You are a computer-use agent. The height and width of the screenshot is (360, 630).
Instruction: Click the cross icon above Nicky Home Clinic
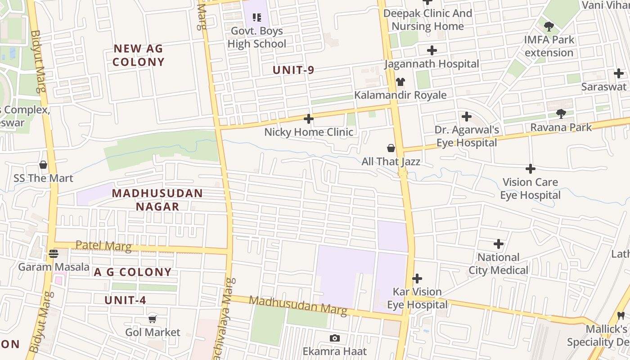point(309,119)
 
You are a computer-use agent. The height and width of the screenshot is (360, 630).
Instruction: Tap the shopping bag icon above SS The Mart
point(43,165)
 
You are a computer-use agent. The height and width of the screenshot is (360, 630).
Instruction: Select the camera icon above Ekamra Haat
point(334,338)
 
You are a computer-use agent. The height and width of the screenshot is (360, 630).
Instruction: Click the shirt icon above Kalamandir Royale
point(400,82)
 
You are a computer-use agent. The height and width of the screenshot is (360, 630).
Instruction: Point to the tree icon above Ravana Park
point(561,114)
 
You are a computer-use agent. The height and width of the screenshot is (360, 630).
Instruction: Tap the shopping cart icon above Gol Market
point(153,319)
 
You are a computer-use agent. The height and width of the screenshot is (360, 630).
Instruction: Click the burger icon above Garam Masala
point(54,254)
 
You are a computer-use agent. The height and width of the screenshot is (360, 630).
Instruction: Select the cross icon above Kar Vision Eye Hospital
point(417,279)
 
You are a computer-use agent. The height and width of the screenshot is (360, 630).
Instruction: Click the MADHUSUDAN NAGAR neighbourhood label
point(157,200)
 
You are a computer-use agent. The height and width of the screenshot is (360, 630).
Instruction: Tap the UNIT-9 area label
point(293,70)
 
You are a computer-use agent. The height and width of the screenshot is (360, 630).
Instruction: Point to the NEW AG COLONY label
point(138,55)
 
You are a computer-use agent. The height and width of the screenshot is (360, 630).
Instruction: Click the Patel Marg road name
point(103,246)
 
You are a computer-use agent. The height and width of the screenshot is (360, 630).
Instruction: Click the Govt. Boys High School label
point(257,37)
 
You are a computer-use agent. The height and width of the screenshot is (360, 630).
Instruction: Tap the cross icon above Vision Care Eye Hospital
point(531,169)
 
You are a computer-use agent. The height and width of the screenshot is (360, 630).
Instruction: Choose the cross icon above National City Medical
point(499,244)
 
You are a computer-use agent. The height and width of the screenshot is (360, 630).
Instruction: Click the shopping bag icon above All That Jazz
point(391,148)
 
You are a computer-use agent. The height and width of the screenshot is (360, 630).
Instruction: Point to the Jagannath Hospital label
point(432,64)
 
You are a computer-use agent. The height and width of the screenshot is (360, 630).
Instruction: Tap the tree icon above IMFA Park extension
point(549,26)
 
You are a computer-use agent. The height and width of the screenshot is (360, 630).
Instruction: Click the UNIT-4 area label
point(126,300)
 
